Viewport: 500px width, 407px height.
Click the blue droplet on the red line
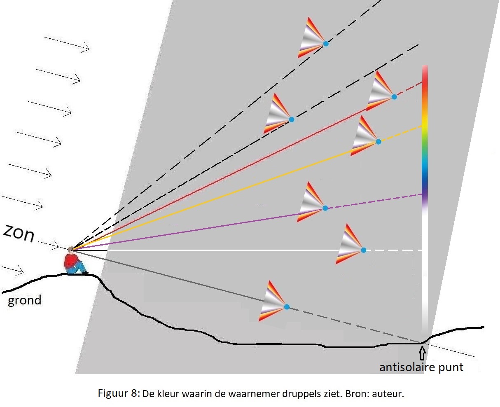[x=394, y=97]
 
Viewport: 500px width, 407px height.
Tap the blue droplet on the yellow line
[x=379, y=142]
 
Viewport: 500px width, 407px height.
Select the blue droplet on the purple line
[x=325, y=208]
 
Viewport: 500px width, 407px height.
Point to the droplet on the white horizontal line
[x=363, y=250]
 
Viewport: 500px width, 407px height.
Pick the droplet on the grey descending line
[x=287, y=307]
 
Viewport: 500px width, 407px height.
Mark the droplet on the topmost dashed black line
[x=326, y=43]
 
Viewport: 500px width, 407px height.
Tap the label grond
[x=25, y=300]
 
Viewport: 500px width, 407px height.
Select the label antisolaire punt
[x=421, y=367]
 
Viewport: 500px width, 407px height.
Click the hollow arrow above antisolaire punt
[x=422, y=353]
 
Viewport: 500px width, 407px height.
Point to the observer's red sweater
[x=72, y=260]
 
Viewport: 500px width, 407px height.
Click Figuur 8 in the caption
[x=118, y=393]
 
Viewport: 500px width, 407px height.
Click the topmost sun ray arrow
[x=67, y=44]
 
